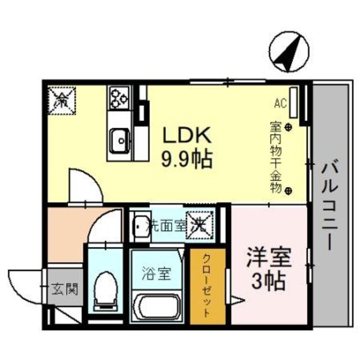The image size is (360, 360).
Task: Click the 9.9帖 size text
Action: coord(187,160)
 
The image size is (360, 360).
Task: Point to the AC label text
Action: coord(281,103)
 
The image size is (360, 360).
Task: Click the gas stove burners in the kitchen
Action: coord(119,97)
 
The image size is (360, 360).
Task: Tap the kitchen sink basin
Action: coord(120,138)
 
